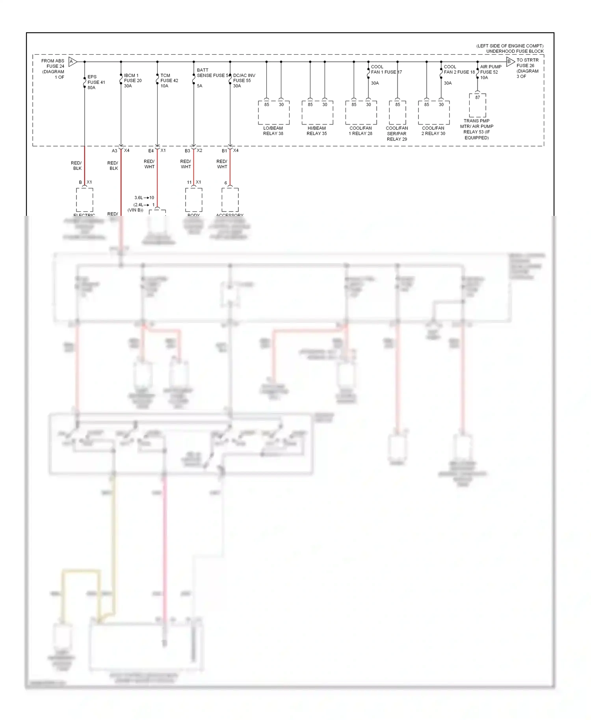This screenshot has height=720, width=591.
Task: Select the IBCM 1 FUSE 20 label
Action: coord(132,80)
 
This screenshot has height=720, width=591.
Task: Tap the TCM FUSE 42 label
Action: coord(169,80)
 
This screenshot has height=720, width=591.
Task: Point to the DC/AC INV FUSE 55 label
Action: coord(244,80)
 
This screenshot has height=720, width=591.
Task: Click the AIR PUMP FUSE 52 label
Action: coord(490,72)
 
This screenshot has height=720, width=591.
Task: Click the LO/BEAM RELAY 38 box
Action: coord(273,113)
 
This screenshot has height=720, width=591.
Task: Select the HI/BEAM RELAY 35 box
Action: coord(317,113)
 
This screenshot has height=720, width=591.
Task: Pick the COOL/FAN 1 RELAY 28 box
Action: coord(361,113)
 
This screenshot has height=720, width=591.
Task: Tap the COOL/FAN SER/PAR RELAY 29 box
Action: coord(397,113)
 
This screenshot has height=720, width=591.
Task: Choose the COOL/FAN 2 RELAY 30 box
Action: coord(433,113)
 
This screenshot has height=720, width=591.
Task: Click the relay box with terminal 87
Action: coord(477,105)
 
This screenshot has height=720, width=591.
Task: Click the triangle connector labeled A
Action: coord(72,61)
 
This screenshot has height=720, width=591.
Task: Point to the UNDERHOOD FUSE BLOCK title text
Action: coord(514,51)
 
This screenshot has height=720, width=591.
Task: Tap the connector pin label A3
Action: coord(114,151)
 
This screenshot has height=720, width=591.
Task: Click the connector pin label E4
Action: coord(151,151)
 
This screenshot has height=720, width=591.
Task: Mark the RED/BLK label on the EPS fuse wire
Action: coord(76,165)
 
